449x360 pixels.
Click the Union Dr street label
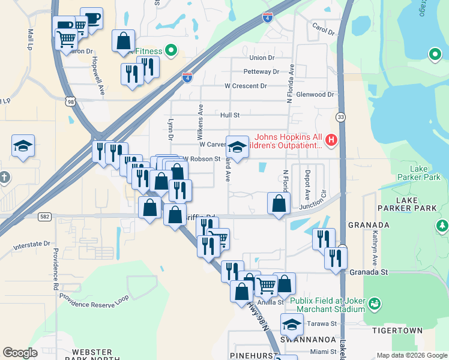261,58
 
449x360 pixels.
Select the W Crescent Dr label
246,86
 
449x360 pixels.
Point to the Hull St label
230,115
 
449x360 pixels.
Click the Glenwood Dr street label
315,95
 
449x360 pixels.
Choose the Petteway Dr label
261,72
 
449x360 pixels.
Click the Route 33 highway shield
341,116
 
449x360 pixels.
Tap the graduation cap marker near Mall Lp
23,146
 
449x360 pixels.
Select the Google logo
19,353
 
